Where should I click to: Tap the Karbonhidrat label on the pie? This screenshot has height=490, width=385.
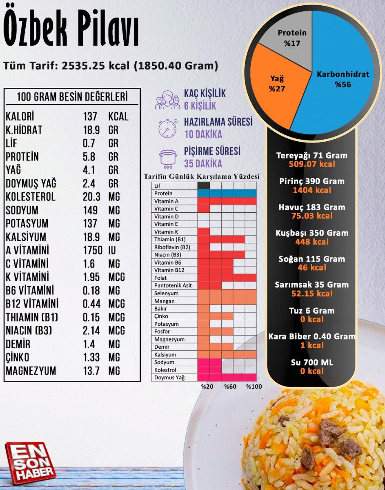pyautogui.click(x=343, y=74)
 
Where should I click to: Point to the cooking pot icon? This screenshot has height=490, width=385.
pyautogui.click(x=168, y=158)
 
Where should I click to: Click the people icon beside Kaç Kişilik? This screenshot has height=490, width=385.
pyautogui.click(x=168, y=99)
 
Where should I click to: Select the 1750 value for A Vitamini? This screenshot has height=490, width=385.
pyautogui.click(x=93, y=250)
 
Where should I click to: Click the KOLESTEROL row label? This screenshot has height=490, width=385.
pyautogui.click(x=31, y=197)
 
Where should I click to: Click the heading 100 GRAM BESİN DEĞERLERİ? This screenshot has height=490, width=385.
pyautogui.click(x=72, y=97)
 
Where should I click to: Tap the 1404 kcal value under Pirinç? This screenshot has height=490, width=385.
pyautogui.click(x=312, y=190)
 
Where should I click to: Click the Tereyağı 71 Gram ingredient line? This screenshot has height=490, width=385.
pyautogui.click(x=312, y=156)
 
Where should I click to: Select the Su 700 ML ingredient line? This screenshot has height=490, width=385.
pyautogui.click(x=312, y=362)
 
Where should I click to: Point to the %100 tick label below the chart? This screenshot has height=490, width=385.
pyautogui.click(x=253, y=386)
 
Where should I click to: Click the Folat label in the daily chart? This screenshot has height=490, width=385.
pyautogui.click(x=160, y=278)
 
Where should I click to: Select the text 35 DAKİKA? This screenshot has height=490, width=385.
pyautogui.click(x=203, y=164)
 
